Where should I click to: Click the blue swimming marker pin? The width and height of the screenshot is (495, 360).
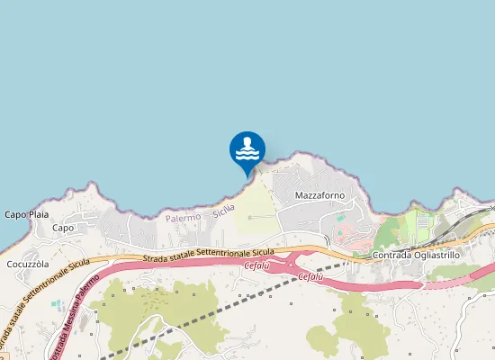pos(247,150)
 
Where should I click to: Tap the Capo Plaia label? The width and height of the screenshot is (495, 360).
pos(26,214)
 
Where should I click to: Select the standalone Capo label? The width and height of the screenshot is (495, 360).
pos(63,228)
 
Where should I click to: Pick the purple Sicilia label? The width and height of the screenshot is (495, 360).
pos(224,211)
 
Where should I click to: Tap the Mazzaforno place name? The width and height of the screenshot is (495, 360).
pos(320,195)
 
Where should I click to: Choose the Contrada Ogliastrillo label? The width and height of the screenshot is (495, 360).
pos(416,256)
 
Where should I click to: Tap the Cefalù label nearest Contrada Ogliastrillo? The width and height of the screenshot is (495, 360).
pos(310,277)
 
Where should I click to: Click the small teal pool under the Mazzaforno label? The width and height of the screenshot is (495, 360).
pos(340,217)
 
